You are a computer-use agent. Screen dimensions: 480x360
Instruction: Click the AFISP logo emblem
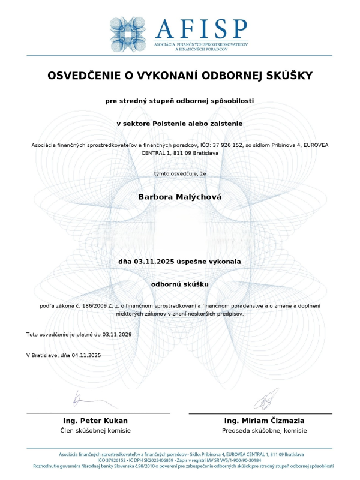(128, 35)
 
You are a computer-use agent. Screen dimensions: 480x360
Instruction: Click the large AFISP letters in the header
(200, 29)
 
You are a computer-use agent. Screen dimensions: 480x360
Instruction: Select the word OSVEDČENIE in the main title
(86, 76)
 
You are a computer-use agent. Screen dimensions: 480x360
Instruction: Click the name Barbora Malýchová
(179, 196)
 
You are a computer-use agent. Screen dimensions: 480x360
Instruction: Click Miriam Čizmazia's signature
(265, 398)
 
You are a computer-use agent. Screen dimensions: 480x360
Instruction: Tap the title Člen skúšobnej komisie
(95, 431)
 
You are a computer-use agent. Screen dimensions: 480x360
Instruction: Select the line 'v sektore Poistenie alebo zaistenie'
(179, 123)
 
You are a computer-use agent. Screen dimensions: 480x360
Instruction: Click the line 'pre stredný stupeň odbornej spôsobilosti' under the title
(179, 101)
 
